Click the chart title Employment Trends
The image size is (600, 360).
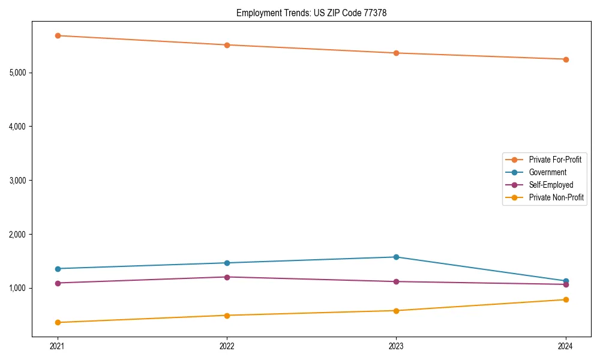[x=311, y=13]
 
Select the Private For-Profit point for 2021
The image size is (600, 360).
[x=58, y=35]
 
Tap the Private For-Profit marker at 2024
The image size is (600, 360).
[x=566, y=59]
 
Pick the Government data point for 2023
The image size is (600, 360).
[x=396, y=257]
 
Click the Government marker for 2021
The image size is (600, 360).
[x=58, y=269]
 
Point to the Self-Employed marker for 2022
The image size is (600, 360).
[x=227, y=277]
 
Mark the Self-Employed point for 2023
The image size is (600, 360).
[x=396, y=281]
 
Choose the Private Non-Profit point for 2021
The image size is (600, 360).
[x=58, y=322]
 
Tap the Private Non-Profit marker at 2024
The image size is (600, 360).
[x=566, y=299]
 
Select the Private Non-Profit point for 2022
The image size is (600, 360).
[x=227, y=315]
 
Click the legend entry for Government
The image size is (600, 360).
[x=547, y=172]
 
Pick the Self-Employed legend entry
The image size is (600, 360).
[x=551, y=185]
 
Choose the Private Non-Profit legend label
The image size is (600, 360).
[x=556, y=197]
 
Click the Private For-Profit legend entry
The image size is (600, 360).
[x=555, y=160]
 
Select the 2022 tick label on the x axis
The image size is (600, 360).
[x=227, y=346]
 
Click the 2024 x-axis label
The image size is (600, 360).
[x=566, y=346]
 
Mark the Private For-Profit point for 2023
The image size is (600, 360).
[x=396, y=53]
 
